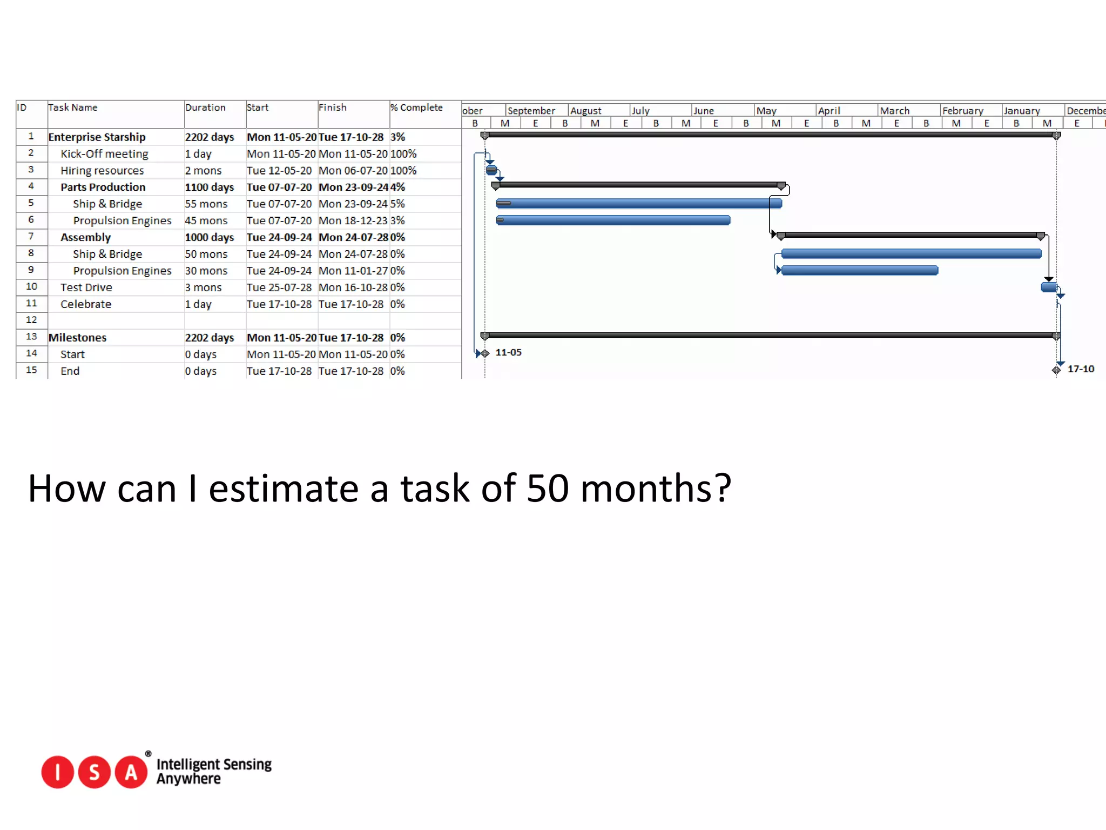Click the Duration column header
205,108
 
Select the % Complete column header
416,108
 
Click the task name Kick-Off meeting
104,154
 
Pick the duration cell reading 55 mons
206,204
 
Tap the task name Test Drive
86,287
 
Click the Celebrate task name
86,304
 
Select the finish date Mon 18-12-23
353,221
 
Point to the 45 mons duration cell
206,221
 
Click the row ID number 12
31,320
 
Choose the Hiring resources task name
102,171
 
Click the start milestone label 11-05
508,352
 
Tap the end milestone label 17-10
1081,369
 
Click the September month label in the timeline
531,111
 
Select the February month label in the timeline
962,111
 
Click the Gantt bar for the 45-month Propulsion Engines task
613,220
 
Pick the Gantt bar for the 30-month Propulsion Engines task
859,270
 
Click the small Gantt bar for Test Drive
1049,287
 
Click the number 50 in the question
548,488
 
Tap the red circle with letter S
95,772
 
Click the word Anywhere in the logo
188,779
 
